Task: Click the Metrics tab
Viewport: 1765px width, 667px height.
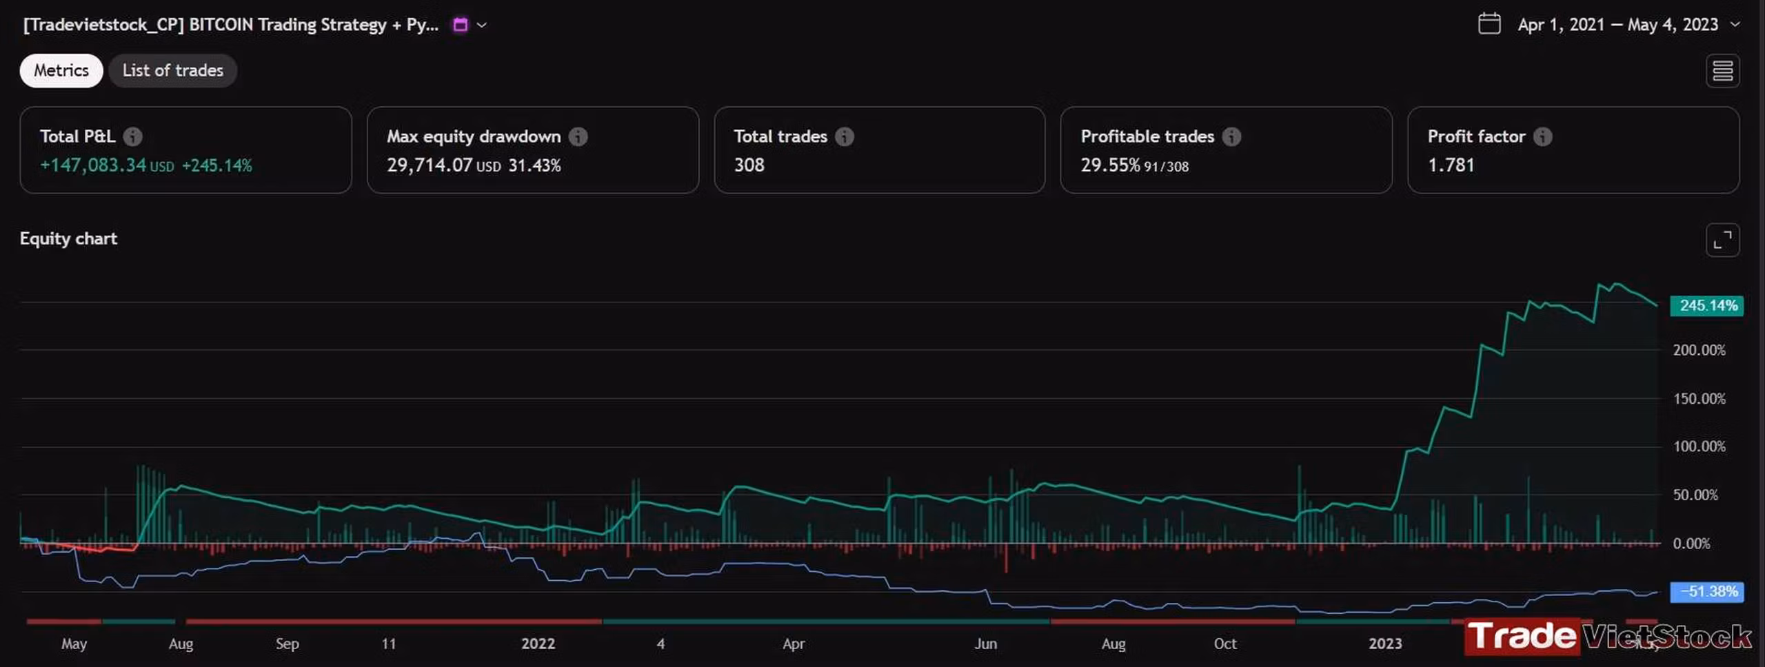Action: click(61, 70)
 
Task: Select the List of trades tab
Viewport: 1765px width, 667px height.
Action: click(172, 70)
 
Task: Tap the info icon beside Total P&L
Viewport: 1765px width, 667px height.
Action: click(133, 136)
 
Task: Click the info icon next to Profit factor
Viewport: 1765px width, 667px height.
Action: click(1543, 136)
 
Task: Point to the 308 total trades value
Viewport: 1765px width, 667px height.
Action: click(749, 165)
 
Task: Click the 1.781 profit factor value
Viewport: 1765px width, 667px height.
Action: click(1451, 165)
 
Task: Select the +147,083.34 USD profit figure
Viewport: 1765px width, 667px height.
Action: click(107, 165)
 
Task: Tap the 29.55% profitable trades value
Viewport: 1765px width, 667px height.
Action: click(1110, 165)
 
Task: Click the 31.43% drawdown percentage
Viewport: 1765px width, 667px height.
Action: click(534, 165)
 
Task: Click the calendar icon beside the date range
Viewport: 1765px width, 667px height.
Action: click(1489, 24)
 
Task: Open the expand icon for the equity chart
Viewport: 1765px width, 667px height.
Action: click(1722, 240)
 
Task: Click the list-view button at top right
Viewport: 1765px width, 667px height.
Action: click(1722, 70)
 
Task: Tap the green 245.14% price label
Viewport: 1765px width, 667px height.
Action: click(1706, 305)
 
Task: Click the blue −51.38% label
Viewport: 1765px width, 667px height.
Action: click(1706, 591)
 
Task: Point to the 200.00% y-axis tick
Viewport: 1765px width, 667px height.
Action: click(1700, 350)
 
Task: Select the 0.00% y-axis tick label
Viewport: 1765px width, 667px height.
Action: click(1691, 544)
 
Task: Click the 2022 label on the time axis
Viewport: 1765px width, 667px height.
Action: click(538, 644)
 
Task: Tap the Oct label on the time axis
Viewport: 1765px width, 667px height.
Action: click(1225, 644)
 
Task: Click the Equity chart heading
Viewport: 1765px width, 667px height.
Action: click(68, 238)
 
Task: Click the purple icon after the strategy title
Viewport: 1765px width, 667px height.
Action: click(460, 25)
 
